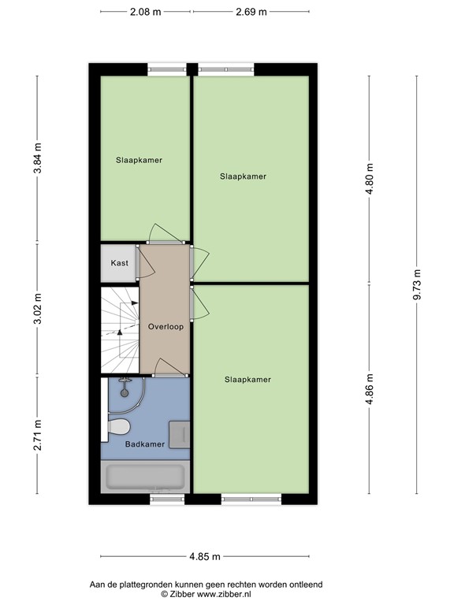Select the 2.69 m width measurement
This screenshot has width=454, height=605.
[251, 12]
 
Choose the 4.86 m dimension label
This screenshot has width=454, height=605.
[369, 388]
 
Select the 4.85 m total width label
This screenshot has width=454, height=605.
[205, 557]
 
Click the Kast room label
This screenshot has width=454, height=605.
[119, 263]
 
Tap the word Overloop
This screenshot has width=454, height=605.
[166, 326]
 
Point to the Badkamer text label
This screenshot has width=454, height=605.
[145, 444]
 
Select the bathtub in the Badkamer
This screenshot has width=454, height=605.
[145, 477]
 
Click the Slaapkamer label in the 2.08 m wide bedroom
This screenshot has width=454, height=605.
[139, 160]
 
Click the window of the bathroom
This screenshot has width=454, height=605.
[166, 499]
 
